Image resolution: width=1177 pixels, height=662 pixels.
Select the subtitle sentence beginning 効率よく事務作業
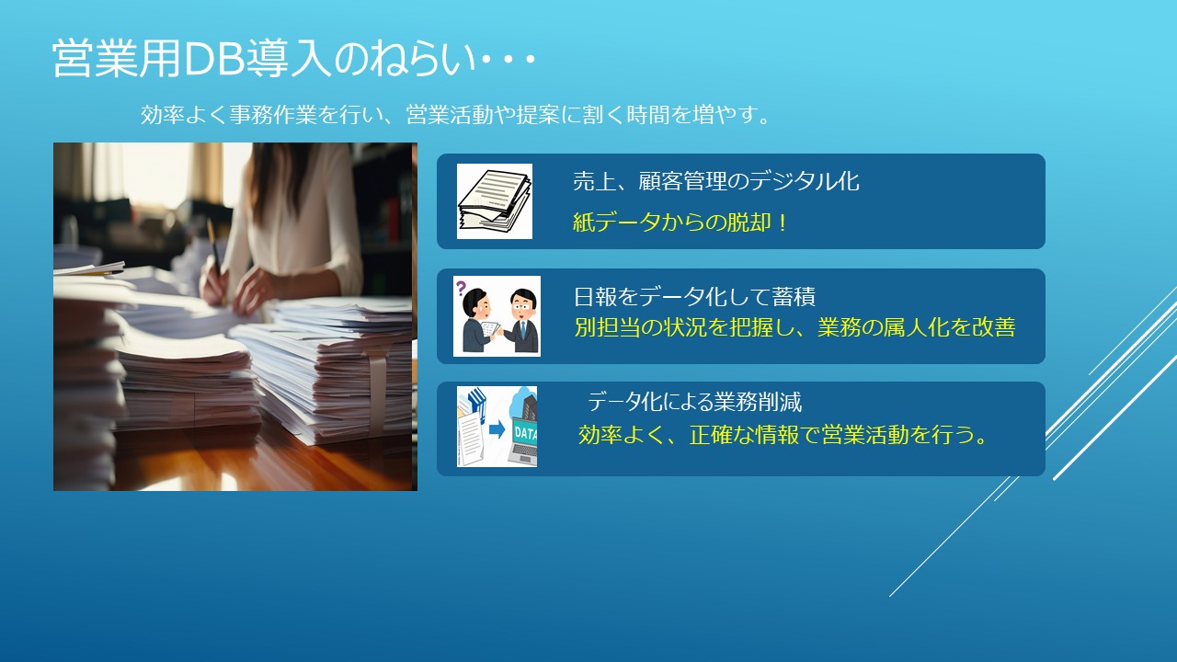point(455,115)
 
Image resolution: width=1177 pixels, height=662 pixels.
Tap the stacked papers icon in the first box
point(494,201)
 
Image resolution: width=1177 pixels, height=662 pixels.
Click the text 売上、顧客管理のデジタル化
point(715,181)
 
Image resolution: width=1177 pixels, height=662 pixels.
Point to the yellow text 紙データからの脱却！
point(680,223)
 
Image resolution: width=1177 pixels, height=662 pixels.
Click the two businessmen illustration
point(497,316)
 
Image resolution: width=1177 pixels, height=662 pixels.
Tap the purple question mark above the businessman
point(461,288)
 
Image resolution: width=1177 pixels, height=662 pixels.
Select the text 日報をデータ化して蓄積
point(694,296)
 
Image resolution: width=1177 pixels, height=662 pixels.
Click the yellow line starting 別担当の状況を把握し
point(794,326)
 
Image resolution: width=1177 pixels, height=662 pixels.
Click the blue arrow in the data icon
point(497,429)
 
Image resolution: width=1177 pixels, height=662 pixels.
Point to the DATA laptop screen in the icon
point(524,433)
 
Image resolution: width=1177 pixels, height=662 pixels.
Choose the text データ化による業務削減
point(694,402)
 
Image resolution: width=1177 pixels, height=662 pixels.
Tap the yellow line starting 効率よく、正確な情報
point(783,435)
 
